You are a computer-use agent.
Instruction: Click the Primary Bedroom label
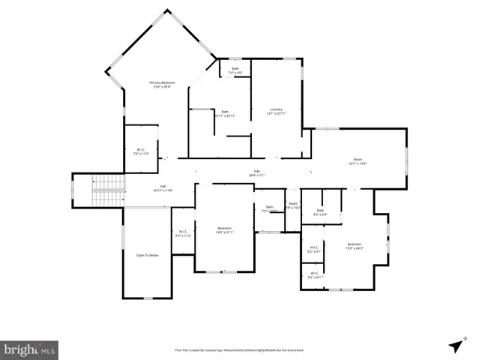coord(161,83)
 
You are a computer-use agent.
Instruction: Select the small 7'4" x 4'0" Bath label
coord(235,70)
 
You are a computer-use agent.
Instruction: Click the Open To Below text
coord(147,256)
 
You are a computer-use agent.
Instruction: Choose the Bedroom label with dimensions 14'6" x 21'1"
coord(225,229)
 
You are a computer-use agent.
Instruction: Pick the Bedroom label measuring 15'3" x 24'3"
coord(354,245)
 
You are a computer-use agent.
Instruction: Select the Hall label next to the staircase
coord(162,187)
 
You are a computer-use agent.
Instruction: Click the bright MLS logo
coord(29,349)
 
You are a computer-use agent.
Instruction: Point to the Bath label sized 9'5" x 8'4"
coord(320,212)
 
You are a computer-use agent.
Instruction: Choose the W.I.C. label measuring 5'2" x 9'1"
coord(314,249)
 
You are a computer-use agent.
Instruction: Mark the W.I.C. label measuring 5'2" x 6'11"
coord(314,274)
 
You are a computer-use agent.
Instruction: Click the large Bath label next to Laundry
coord(225,113)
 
